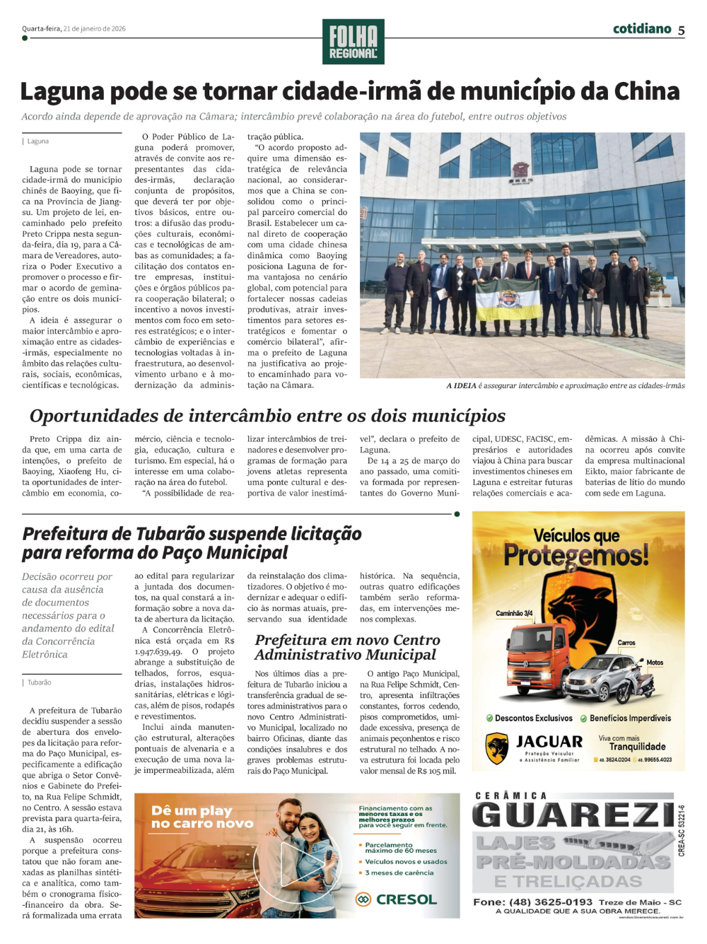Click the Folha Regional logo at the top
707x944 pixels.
click(x=353, y=42)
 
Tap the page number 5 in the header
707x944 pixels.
click(x=681, y=30)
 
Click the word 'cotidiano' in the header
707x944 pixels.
click(x=641, y=29)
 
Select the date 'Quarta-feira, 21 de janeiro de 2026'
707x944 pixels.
click(x=74, y=29)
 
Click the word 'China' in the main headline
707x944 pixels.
click(x=646, y=92)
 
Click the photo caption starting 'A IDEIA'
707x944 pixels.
click(x=565, y=386)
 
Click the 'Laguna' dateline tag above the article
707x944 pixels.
click(x=37, y=141)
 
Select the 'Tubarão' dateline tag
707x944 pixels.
click(x=39, y=683)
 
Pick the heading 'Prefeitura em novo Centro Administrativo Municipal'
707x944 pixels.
click(x=347, y=647)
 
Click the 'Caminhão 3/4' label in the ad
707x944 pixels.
click(x=514, y=613)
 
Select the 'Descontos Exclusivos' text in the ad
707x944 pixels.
click(x=533, y=718)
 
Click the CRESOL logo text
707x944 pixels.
click(x=406, y=899)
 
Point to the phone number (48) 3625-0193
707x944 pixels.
click(x=551, y=902)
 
